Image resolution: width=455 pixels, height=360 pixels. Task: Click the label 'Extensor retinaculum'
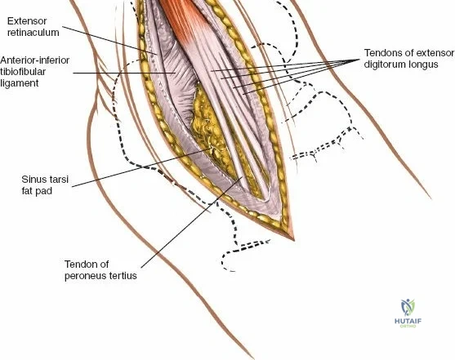[33, 27]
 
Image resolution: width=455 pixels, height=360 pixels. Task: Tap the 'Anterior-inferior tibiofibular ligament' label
[35, 72]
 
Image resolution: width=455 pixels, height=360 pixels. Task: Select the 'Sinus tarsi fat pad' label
[41, 184]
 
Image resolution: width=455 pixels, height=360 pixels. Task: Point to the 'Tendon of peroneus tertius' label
[100, 269]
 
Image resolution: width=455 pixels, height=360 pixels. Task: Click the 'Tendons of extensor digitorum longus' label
[409, 58]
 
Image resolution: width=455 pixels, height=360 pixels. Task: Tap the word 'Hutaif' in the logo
[408, 321]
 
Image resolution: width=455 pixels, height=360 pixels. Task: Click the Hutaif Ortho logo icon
[408, 308]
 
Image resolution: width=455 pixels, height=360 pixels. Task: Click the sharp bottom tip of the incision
[293, 240]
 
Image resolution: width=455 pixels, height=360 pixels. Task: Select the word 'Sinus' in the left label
[33, 180]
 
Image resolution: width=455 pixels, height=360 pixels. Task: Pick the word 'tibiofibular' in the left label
[23, 72]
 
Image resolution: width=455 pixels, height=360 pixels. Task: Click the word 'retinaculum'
[33, 33]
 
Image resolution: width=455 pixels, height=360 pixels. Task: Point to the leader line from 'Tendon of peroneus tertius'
[191, 222]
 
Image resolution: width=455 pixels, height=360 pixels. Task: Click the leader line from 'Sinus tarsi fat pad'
[141, 167]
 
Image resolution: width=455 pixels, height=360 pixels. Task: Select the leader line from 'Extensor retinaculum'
[109, 40]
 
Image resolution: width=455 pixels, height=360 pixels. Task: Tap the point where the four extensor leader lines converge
[359, 60]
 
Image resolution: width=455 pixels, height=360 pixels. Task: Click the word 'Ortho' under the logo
[408, 326]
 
